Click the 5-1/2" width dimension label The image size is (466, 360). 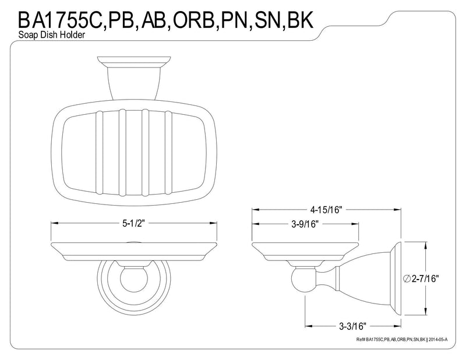[x=133, y=224]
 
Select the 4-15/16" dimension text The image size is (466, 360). [x=326, y=210]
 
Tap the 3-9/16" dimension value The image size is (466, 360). [x=305, y=224]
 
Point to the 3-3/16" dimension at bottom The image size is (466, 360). [x=352, y=326]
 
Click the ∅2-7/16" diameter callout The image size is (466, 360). [x=421, y=278]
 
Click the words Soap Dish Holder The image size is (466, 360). [x=52, y=35]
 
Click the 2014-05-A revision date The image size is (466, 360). [x=438, y=340]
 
